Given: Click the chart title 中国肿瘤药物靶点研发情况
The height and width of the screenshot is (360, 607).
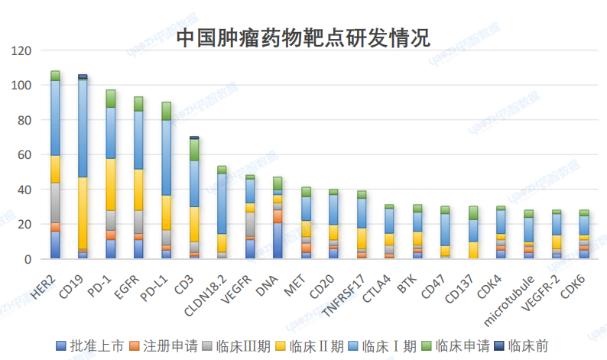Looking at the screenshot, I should coord(303,36).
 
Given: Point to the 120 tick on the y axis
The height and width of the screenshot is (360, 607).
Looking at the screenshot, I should coord(22,50).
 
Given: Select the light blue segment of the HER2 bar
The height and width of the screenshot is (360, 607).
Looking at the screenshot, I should coord(55,118).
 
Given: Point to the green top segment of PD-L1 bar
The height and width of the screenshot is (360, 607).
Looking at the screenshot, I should coord(166,111).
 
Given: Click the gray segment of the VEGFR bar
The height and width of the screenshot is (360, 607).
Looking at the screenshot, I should coord(249,224).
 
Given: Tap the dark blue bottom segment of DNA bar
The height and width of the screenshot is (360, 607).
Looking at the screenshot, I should coord(278,240).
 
